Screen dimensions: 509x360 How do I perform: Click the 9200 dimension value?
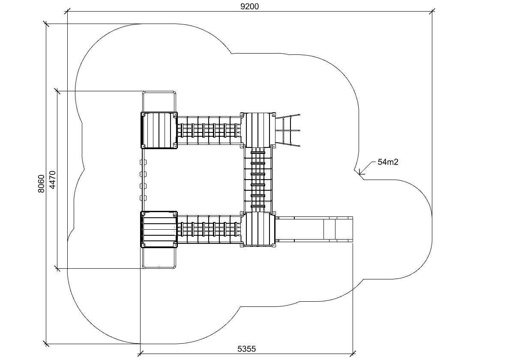pos(249,6)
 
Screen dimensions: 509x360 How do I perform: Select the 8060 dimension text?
pos(41,184)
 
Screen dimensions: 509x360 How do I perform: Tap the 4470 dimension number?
pos(52,180)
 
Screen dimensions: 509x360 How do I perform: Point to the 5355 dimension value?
pos(247,349)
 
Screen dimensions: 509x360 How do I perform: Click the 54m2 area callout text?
pos(388,162)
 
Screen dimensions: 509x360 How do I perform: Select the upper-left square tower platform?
pos(159,130)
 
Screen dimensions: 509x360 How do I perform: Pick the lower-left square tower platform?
pos(159,229)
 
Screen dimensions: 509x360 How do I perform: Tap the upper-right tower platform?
pos(258,130)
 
